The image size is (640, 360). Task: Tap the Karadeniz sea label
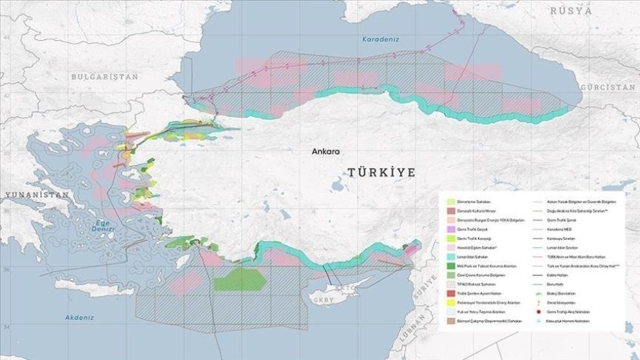[x=379, y=41]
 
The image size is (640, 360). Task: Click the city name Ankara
[x=325, y=152]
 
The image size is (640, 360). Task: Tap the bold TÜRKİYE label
[x=380, y=172]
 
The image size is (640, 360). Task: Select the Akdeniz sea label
[x=79, y=318]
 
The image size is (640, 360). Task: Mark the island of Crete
[x=95, y=288]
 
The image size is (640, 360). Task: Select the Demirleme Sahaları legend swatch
[x=451, y=201]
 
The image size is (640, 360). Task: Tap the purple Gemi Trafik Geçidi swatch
[x=451, y=228]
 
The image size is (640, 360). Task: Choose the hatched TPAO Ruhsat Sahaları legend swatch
[x=451, y=284]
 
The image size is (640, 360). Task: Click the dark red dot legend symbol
[x=537, y=311]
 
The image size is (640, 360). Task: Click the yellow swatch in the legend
[x=451, y=303]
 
